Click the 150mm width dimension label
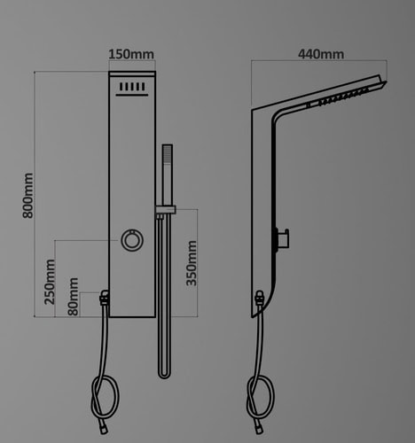[x=131, y=54]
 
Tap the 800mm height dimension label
[x=28, y=196]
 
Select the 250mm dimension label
[x=50, y=282]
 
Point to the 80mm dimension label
[x=73, y=297]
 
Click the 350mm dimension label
[x=192, y=263]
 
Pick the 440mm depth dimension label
[x=321, y=54]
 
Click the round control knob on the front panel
[x=132, y=240]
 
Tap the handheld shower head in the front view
[x=168, y=175]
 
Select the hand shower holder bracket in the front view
[x=166, y=209]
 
